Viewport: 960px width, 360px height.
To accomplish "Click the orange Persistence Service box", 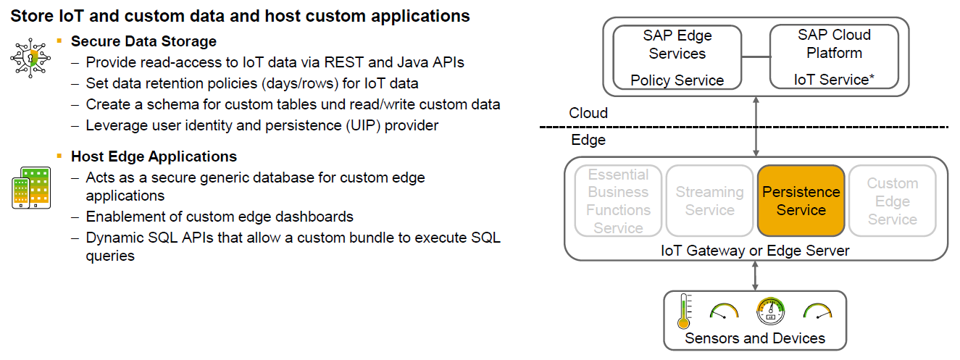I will (x=801, y=201).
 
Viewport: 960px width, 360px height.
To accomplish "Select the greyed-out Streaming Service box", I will (x=709, y=201).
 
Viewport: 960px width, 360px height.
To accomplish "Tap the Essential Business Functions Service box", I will (x=618, y=201).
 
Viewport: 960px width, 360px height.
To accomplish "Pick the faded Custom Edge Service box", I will (x=892, y=201).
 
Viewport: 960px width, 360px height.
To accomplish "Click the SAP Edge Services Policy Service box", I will (x=677, y=57).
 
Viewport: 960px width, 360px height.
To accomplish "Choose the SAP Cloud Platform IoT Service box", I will (x=833, y=57).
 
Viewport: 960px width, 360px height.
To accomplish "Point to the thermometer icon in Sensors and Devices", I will (x=683, y=311).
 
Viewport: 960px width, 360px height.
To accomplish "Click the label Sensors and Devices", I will (x=755, y=338).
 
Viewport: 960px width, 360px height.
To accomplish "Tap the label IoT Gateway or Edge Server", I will (x=756, y=251).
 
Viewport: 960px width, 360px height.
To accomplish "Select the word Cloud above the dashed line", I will (x=588, y=113).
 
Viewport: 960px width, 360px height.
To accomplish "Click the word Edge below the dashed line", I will (x=588, y=140).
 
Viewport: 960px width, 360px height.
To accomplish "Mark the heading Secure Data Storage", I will (x=143, y=41).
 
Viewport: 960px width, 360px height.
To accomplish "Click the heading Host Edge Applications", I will (x=154, y=156).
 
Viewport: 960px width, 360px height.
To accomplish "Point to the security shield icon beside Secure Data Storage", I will (x=30, y=59).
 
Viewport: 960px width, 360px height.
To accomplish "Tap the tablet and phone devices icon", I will (x=30, y=188).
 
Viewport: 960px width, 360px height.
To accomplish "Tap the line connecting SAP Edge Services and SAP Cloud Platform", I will (x=755, y=56).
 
